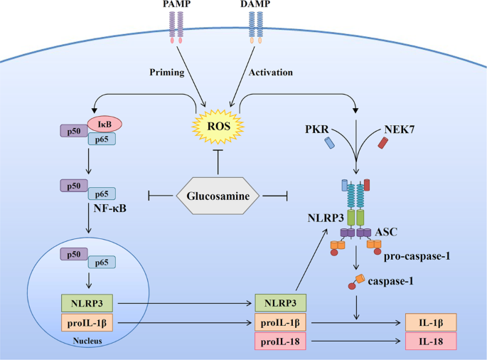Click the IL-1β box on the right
click(x=430, y=322)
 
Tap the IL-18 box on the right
click(x=430, y=341)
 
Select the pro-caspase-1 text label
click(x=420, y=253)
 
